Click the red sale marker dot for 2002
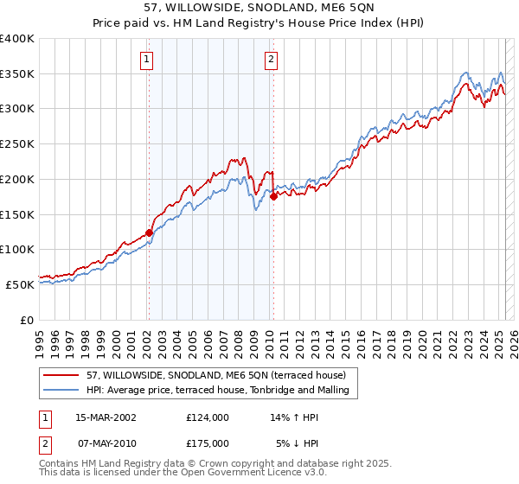[149, 232]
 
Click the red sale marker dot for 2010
[273, 196]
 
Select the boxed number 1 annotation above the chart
[147, 60]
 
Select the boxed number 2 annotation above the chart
[272, 60]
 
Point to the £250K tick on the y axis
[17, 143]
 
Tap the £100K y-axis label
[17, 249]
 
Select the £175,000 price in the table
[208, 443]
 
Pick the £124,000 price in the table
[208, 417]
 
